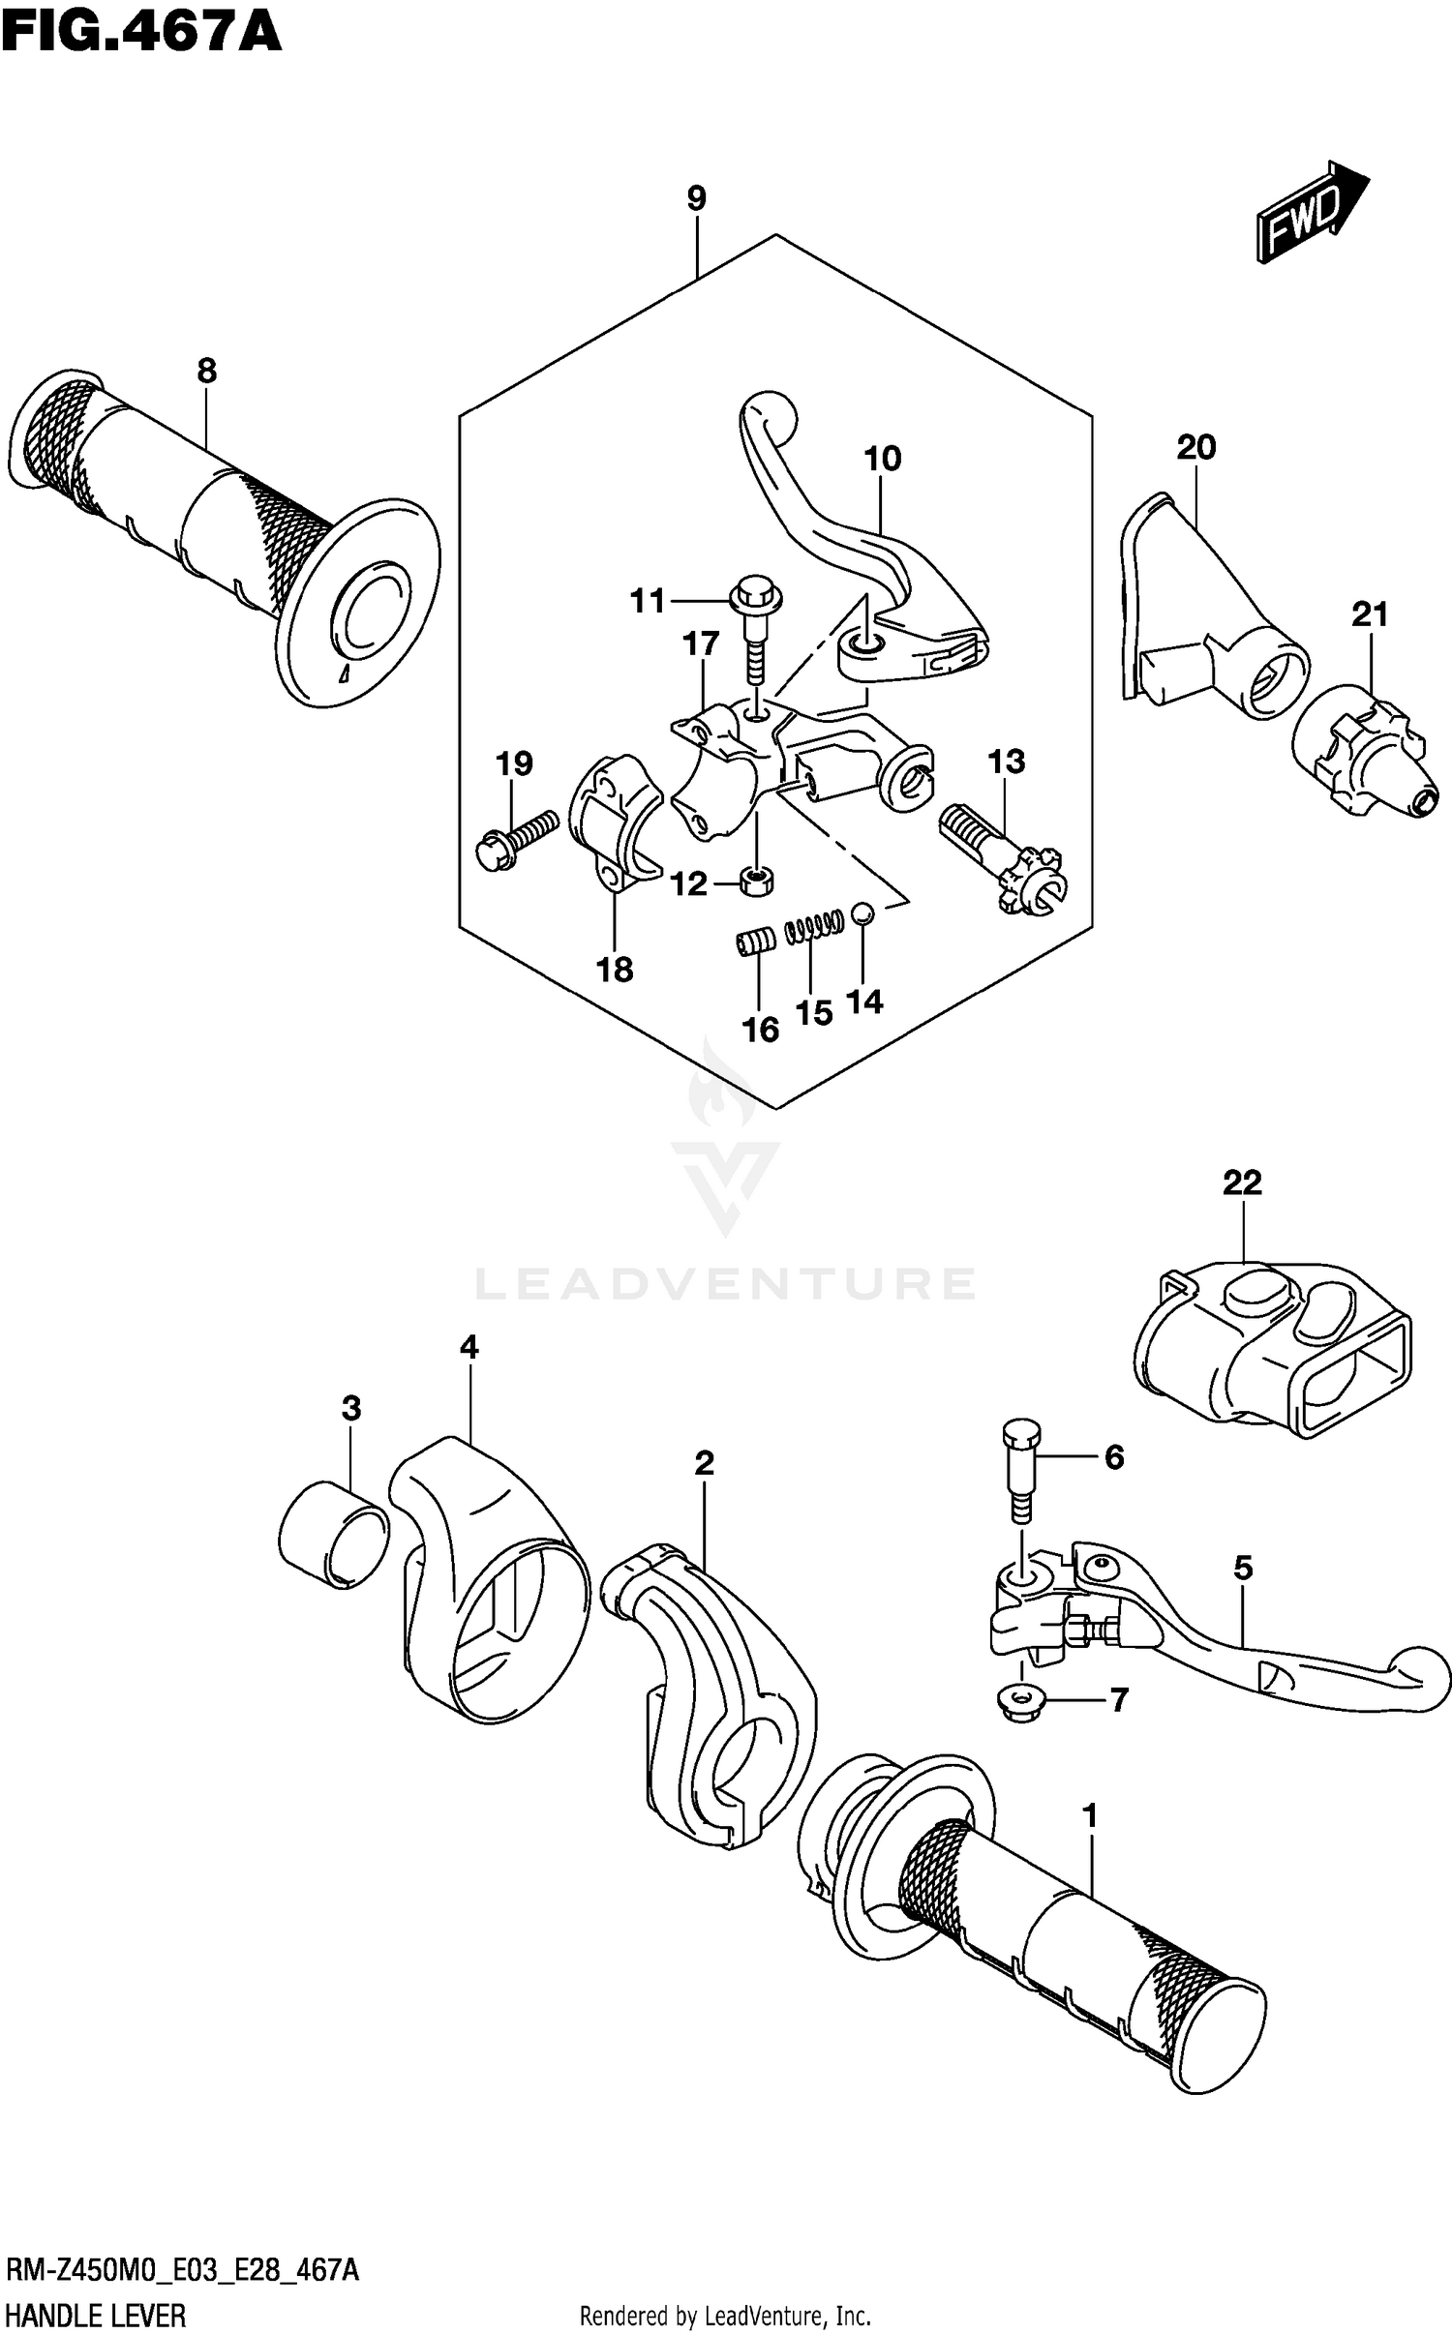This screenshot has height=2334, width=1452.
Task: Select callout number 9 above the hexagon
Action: (696, 198)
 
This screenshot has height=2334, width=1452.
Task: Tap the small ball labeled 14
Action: (863, 913)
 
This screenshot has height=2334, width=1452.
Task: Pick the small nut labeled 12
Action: (756, 881)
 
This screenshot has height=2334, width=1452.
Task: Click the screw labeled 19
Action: (515, 836)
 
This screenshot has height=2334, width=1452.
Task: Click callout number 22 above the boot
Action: (1242, 1182)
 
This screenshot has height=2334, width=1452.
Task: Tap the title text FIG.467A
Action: (141, 31)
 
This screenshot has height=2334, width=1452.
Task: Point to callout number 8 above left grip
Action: (206, 371)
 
